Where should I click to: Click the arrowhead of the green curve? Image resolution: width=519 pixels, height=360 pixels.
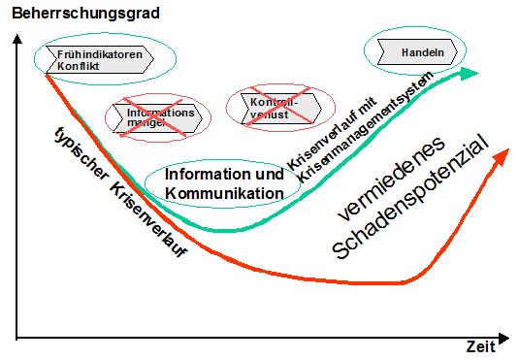click(x=471, y=73)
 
